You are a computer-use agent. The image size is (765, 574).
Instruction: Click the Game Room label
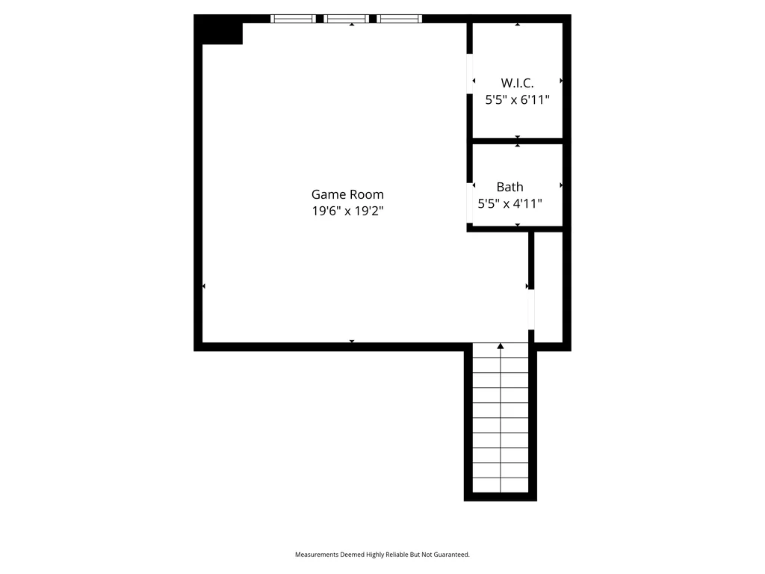pyautogui.click(x=347, y=194)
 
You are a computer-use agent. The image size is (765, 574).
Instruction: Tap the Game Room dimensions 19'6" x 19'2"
pyautogui.click(x=348, y=211)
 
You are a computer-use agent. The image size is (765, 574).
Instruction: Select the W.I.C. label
pyautogui.click(x=517, y=83)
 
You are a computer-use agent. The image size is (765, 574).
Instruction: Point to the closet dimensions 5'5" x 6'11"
pyautogui.click(x=517, y=99)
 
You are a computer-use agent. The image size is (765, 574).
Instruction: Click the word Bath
pyautogui.click(x=510, y=187)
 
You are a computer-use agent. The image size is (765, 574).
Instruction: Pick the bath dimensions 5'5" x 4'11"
pyautogui.click(x=510, y=203)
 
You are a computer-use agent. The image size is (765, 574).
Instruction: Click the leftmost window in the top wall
pyautogui.click(x=293, y=19)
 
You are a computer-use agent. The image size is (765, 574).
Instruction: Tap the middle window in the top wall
pyautogui.click(x=347, y=19)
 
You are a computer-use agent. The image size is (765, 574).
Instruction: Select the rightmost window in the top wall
pyautogui.click(x=399, y=19)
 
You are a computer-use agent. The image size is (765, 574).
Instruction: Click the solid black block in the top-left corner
pyautogui.click(x=219, y=30)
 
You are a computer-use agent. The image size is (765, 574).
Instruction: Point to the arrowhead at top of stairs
pyautogui.click(x=500, y=346)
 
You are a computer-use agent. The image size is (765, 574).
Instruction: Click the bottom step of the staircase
pyautogui.click(x=501, y=485)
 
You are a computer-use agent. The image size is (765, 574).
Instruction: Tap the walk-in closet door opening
pyautogui.click(x=470, y=74)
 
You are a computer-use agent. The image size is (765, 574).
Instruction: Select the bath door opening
pyautogui.click(x=470, y=203)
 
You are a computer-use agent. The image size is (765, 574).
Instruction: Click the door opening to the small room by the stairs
pyautogui.click(x=531, y=309)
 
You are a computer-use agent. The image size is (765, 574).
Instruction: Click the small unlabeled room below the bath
pyautogui.click(x=548, y=287)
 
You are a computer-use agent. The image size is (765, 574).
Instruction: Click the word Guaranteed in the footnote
pyautogui.click(x=452, y=555)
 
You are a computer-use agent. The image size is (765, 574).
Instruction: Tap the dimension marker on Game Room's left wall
pyautogui.click(x=204, y=286)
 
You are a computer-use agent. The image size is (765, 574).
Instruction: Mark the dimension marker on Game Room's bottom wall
pyautogui.click(x=352, y=341)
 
